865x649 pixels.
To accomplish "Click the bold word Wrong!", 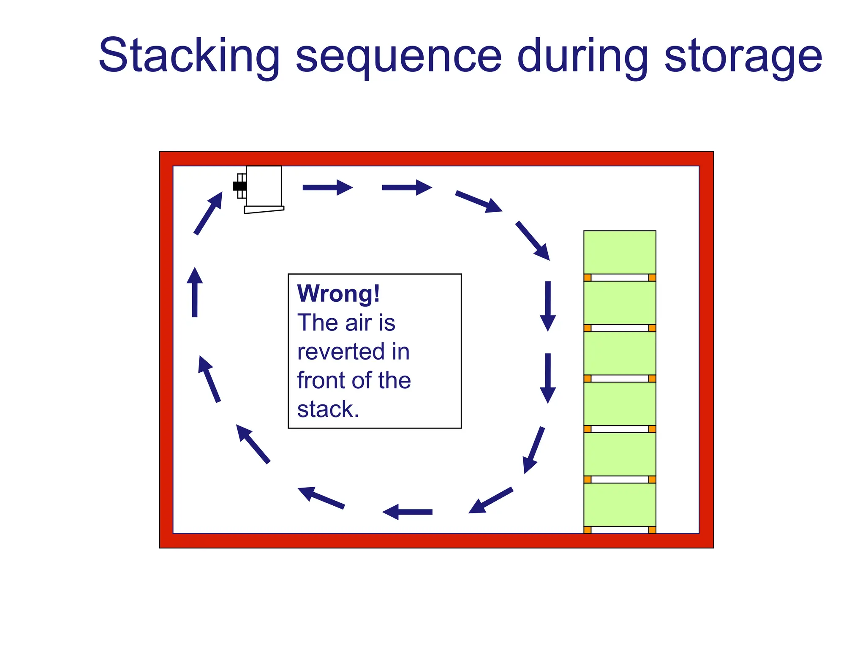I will click(x=338, y=293).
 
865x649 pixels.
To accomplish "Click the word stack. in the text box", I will click(x=328, y=409).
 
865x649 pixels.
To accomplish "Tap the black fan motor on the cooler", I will click(x=239, y=186).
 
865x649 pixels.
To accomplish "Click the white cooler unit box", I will click(x=264, y=186).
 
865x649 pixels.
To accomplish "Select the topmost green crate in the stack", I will click(x=619, y=252).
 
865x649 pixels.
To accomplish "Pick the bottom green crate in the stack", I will click(x=619, y=504).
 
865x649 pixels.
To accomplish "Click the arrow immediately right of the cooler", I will click(x=327, y=188).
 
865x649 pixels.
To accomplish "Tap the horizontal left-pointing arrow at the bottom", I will click(x=407, y=512).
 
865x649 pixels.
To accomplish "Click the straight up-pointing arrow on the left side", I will click(x=195, y=292).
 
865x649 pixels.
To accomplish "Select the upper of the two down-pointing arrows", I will click(x=548, y=306).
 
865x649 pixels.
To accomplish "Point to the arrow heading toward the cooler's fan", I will click(x=208, y=213).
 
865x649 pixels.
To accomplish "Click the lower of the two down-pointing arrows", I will click(x=548, y=378).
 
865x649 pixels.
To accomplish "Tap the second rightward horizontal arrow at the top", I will click(x=406, y=188).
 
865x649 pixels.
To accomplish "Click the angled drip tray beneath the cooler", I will click(x=264, y=210).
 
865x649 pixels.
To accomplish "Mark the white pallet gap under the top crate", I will click(x=619, y=278).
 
